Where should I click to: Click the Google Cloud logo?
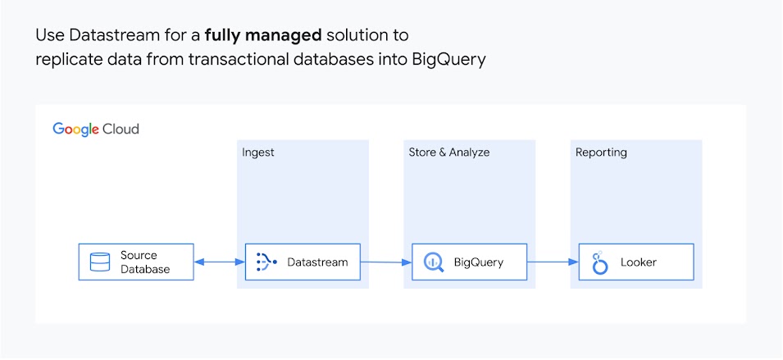(96, 130)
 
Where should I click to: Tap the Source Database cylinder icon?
(100, 262)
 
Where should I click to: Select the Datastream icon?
(266, 262)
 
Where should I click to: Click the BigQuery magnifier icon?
(433, 262)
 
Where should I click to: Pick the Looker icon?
(600, 262)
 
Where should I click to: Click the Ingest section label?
(258, 153)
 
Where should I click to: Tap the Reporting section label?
(601, 153)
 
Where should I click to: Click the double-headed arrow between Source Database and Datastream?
(220, 262)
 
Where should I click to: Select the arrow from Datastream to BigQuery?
(386, 262)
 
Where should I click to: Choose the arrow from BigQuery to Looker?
(553, 262)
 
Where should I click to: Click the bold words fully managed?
(263, 36)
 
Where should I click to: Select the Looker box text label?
(639, 262)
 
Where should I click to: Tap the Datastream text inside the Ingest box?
(317, 262)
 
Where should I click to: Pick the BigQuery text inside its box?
(478, 262)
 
